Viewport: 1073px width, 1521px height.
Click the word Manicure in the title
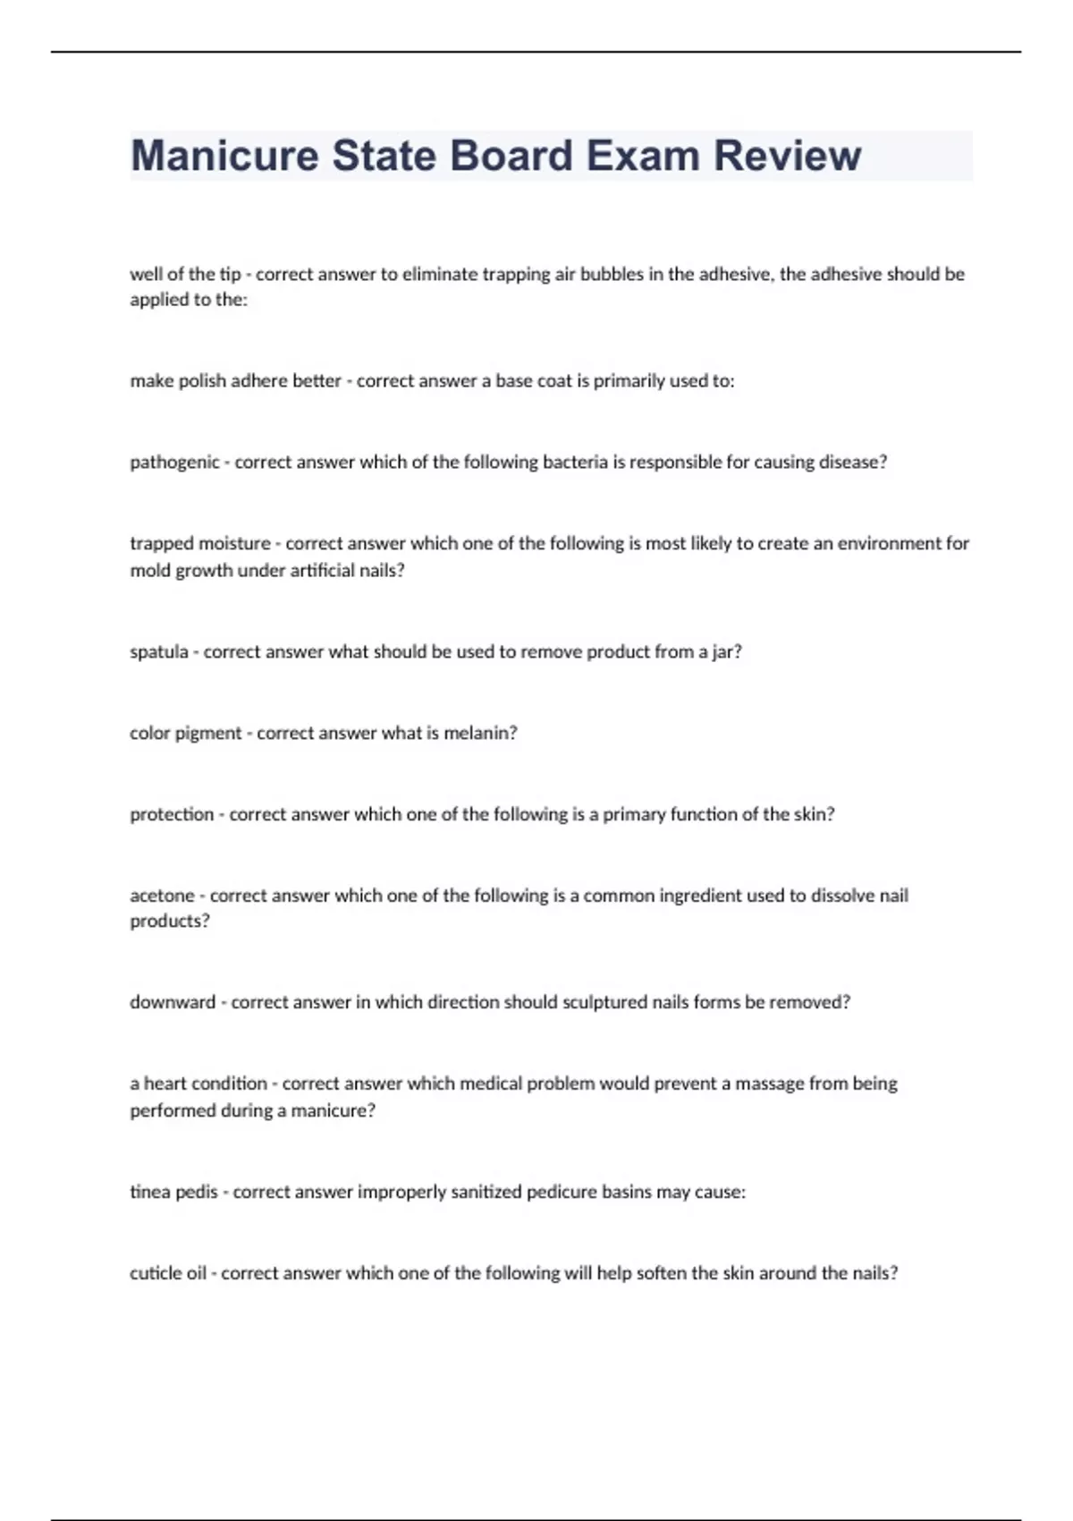click(224, 156)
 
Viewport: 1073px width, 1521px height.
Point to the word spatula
click(159, 652)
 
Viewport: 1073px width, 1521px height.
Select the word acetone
click(162, 896)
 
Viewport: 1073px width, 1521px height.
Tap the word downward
click(173, 1002)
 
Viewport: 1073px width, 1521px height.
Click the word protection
click(172, 814)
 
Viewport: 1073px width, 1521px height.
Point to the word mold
click(149, 571)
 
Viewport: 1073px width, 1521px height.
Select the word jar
click(726, 652)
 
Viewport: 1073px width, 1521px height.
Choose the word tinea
click(149, 1192)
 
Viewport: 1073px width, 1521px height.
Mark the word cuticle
click(156, 1273)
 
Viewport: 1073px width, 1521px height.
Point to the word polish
click(202, 381)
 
